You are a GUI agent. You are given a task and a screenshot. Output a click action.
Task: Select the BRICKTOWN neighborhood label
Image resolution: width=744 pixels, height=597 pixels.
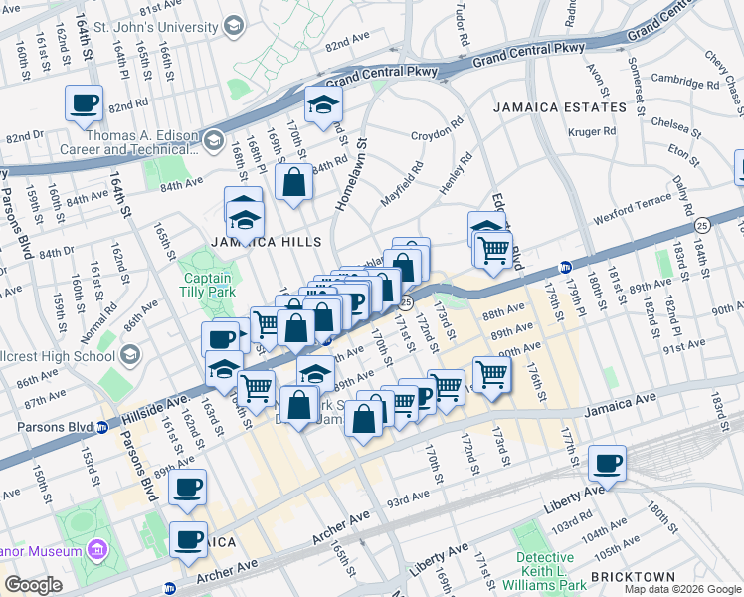[633, 576]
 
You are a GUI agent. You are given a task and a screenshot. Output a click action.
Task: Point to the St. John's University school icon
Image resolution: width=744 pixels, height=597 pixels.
[234, 24]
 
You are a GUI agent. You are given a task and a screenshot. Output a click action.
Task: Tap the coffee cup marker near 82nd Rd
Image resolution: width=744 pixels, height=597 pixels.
[84, 101]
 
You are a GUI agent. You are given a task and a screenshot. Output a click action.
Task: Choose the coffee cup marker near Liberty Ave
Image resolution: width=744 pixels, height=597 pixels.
[607, 462]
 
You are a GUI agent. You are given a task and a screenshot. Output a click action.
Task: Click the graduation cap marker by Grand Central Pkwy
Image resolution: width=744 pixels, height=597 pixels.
[323, 103]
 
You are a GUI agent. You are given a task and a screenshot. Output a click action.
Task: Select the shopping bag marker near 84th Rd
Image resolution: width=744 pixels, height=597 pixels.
[294, 182]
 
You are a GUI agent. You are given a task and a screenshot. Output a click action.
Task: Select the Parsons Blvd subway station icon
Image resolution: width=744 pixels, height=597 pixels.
[101, 428]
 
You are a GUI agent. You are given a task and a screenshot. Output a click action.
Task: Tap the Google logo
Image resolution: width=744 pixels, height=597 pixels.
[34, 585]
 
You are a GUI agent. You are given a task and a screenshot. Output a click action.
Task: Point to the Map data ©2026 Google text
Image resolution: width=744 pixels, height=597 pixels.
[682, 589]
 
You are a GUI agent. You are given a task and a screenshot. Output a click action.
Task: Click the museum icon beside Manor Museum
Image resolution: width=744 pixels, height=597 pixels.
[96, 550]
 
